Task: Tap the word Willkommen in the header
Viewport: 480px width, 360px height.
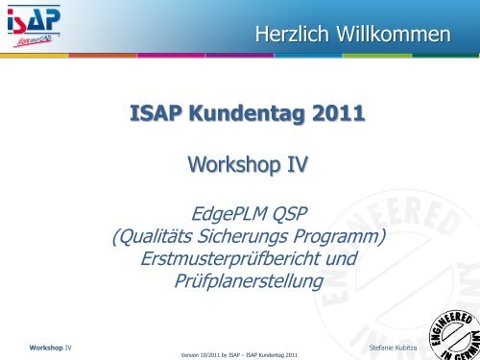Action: pyautogui.click(x=396, y=36)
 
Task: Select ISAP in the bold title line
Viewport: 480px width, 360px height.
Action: pyautogui.click(x=156, y=118)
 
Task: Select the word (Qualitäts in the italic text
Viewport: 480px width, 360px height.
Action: pyautogui.click(x=157, y=236)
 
